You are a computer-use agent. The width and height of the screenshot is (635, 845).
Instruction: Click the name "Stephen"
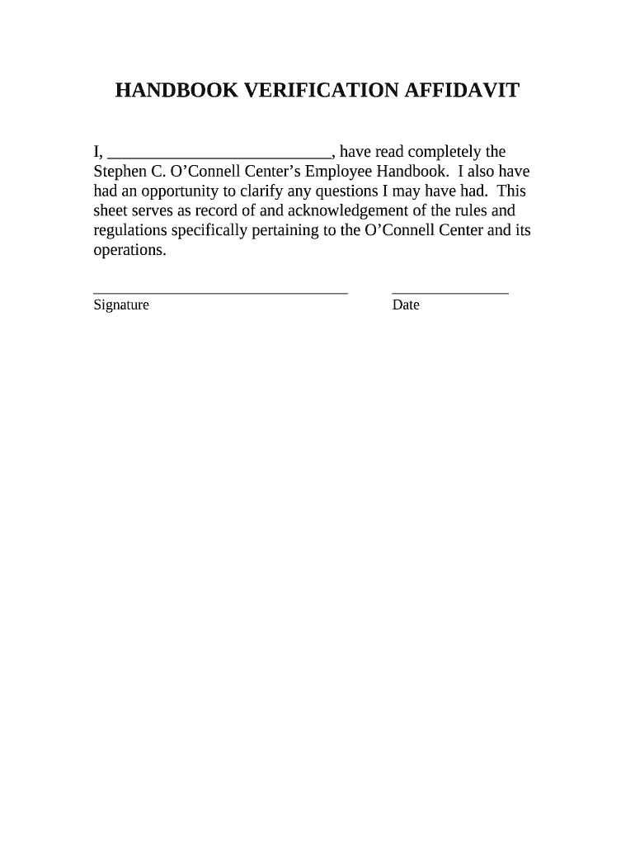(120, 172)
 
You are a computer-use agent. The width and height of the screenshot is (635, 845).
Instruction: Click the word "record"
(216, 211)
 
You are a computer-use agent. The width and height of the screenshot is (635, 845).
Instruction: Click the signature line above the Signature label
(220, 292)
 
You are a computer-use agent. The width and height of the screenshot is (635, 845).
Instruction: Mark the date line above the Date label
(449, 292)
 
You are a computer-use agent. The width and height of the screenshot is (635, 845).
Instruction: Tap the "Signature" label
(121, 305)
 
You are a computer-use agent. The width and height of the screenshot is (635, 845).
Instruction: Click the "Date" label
(406, 305)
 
